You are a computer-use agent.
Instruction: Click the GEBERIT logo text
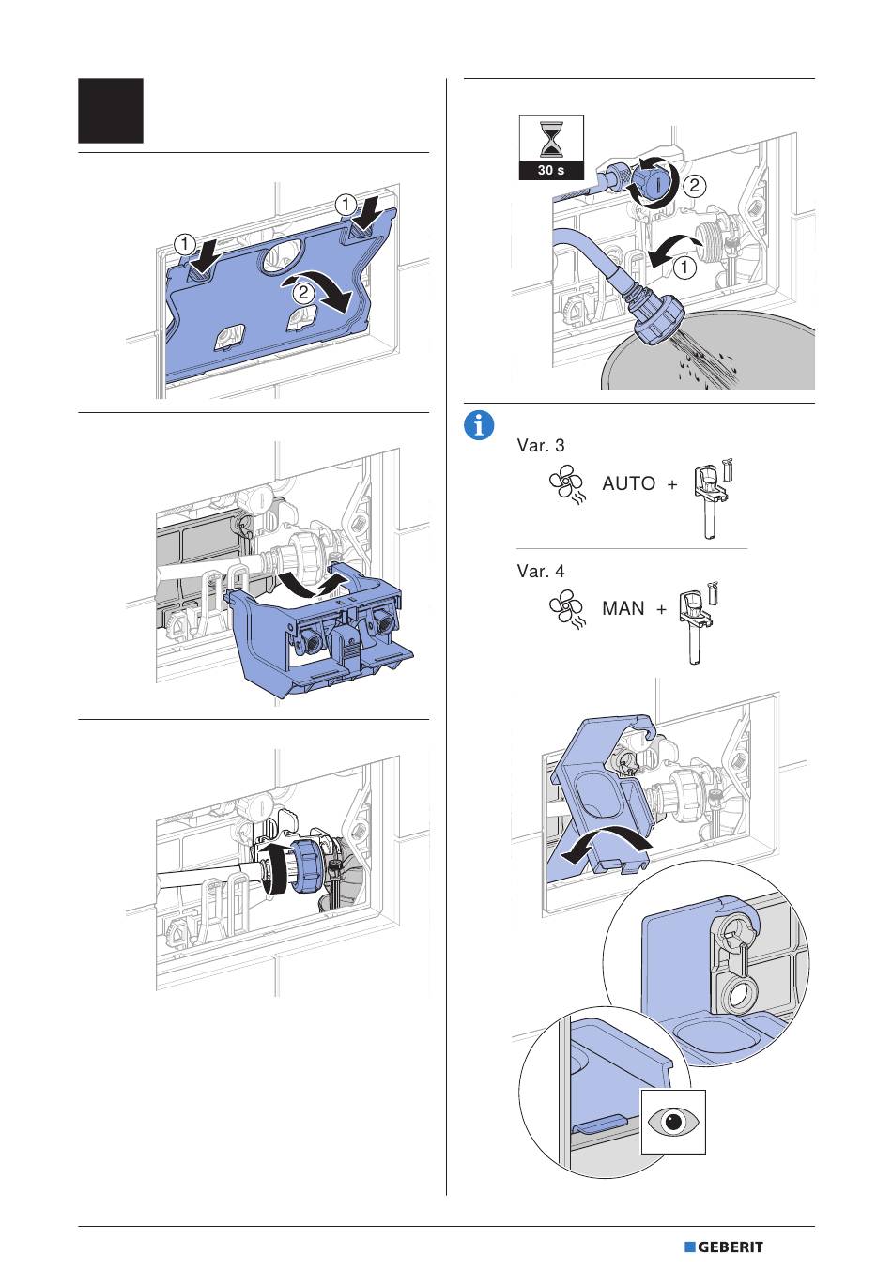coord(731,1247)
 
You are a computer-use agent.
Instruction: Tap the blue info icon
coord(479,425)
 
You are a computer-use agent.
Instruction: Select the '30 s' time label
coord(551,171)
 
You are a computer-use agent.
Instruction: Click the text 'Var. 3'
coord(541,446)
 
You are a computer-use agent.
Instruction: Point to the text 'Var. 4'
coord(541,571)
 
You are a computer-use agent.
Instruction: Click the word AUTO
coord(629,484)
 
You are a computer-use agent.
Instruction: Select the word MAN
coord(623,609)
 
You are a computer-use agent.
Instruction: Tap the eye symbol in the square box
coord(673,1122)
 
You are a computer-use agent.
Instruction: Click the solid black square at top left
coord(111,111)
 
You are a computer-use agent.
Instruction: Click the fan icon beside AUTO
coord(567,486)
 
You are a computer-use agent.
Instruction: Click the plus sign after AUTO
coord(672,484)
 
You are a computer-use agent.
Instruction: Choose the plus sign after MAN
coord(661,609)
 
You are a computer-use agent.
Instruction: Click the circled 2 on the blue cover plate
coord(303,292)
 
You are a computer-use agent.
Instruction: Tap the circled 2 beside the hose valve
coord(693,186)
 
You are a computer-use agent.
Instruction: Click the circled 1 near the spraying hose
coord(684,268)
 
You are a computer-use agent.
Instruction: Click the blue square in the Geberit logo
coord(689,1247)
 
